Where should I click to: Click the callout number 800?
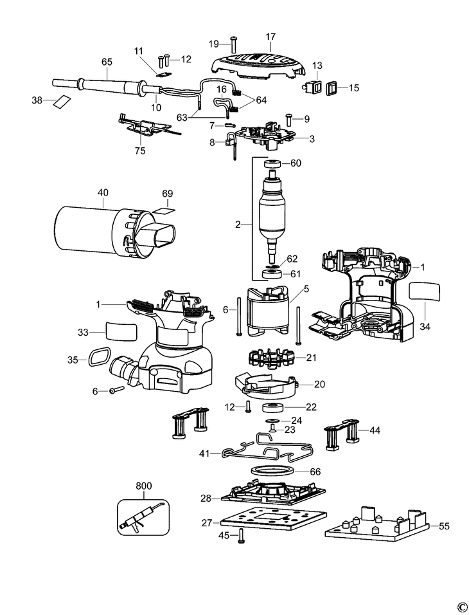pos(144,486)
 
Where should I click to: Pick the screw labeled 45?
pos(241,535)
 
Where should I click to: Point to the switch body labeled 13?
pos(313,88)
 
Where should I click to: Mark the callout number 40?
pos(103,192)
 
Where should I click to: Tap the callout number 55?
pos(444,526)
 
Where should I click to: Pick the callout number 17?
pos(270,37)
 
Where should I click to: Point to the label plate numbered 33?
pos(121,331)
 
